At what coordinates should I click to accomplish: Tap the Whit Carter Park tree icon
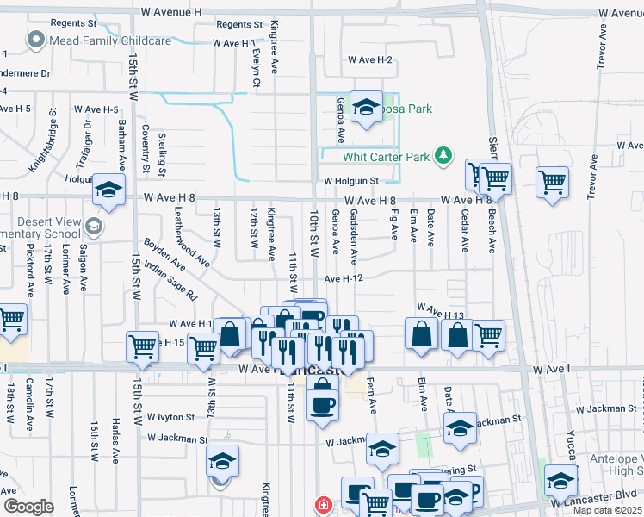click(443, 156)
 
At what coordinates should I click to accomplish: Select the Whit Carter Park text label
click(386, 157)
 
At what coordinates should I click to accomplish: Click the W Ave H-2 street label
click(370, 59)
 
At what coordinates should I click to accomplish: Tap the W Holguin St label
click(351, 181)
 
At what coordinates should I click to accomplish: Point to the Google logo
click(28, 507)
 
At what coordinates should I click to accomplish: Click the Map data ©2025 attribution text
click(607, 510)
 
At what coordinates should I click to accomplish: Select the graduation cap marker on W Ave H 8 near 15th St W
click(108, 190)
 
